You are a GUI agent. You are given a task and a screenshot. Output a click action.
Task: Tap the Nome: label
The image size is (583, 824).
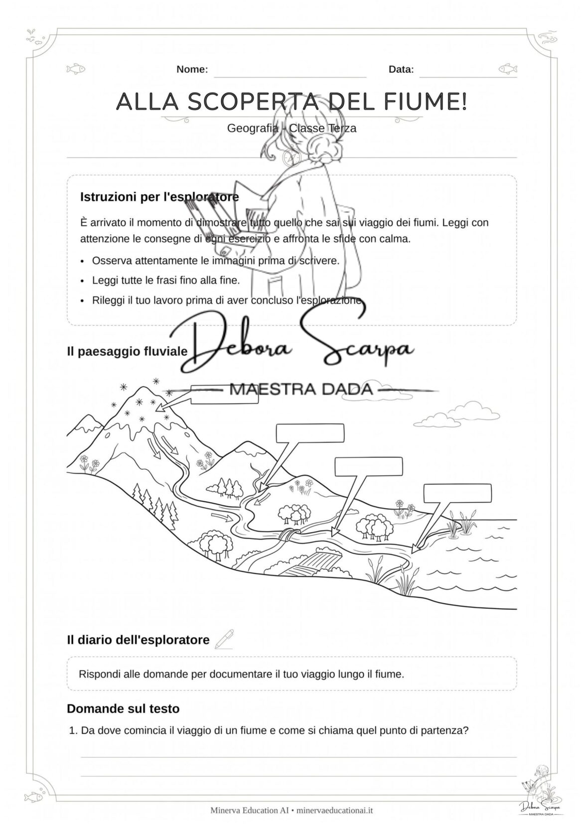192,69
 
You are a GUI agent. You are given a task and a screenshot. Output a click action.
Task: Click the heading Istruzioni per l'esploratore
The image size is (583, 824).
159,197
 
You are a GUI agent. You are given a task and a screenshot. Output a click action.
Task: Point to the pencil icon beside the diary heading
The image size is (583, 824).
224,639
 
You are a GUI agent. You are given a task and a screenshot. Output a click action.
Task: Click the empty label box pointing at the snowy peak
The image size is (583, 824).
225,395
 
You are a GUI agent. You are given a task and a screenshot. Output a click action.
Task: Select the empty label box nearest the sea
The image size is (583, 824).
457,493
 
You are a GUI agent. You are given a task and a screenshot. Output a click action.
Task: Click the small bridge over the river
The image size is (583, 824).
288,536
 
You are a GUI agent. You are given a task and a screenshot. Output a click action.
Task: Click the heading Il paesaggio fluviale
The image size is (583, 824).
127,351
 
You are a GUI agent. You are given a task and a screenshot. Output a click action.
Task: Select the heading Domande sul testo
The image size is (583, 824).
123,708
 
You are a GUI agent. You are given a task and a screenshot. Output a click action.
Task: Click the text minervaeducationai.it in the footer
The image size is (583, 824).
334,811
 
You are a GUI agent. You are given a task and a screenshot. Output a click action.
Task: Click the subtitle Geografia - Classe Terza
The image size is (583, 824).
291,128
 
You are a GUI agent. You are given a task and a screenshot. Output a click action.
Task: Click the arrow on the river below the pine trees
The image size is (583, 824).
222,517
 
